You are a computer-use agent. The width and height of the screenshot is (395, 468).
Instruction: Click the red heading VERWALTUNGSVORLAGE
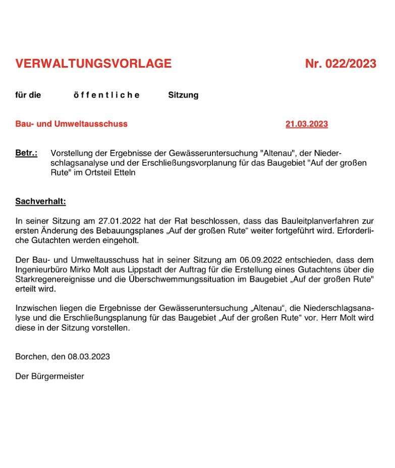pos(93,64)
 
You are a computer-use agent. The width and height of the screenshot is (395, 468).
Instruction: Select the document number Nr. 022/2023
pos(341,64)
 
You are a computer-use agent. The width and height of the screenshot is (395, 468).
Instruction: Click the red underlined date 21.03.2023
pos(306,124)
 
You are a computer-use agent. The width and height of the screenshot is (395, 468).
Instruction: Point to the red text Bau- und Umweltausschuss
pos(71,124)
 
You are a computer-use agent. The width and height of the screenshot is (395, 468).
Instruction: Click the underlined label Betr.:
pos(26,153)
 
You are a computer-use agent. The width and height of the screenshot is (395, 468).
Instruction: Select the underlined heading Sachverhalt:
pos(40,202)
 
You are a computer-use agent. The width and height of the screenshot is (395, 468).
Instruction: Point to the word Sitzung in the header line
pos(183,95)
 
